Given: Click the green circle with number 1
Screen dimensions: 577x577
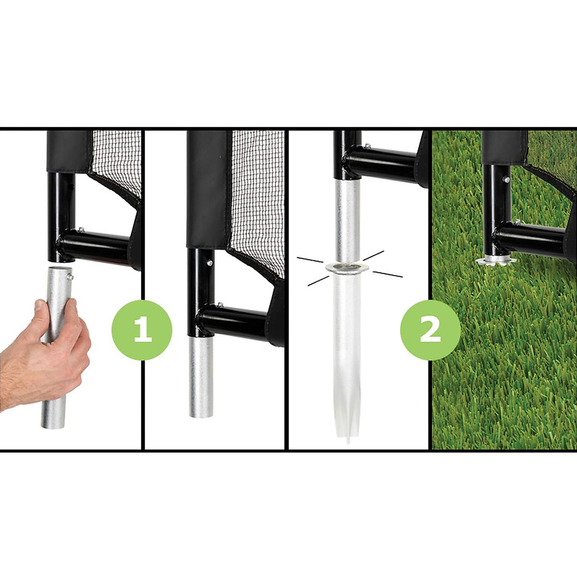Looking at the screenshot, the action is point(142,330).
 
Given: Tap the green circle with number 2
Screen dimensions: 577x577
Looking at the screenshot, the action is point(430,330).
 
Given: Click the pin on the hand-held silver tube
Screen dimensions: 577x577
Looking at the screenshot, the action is point(71,276).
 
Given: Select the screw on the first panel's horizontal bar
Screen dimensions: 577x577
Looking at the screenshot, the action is point(80,230).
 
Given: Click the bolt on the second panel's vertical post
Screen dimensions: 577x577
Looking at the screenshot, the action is point(210,263).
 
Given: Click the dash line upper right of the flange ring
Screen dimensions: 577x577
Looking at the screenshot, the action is point(374,256).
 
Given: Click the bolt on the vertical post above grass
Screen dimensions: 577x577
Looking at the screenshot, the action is point(507,180).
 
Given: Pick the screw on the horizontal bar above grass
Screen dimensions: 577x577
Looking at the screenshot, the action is point(517,222).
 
